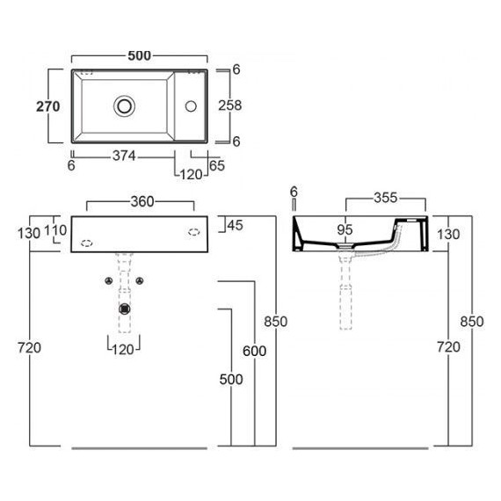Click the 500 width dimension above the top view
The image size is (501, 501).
click(139, 56)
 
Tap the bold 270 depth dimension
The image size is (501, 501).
click(48, 106)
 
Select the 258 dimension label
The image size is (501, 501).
click(230, 105)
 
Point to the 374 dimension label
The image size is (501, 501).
click(124, 156)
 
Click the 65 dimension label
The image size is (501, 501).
click(217, 165)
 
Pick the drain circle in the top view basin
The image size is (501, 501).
click(124, 106)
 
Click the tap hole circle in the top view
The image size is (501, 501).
click(191, 106)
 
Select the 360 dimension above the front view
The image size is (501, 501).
click(142, 201)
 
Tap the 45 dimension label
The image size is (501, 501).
click(236, 225)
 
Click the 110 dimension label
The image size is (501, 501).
click(55, 230)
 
